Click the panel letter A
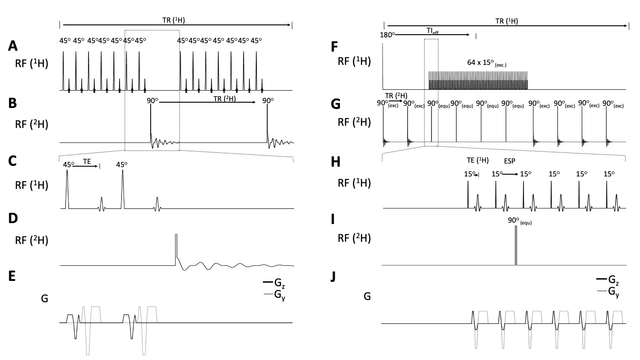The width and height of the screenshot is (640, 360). (14, 46)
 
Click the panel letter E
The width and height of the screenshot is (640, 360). (13, 276)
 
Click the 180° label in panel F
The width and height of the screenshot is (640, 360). (388, 34)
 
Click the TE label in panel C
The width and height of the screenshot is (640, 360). (87, 163)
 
